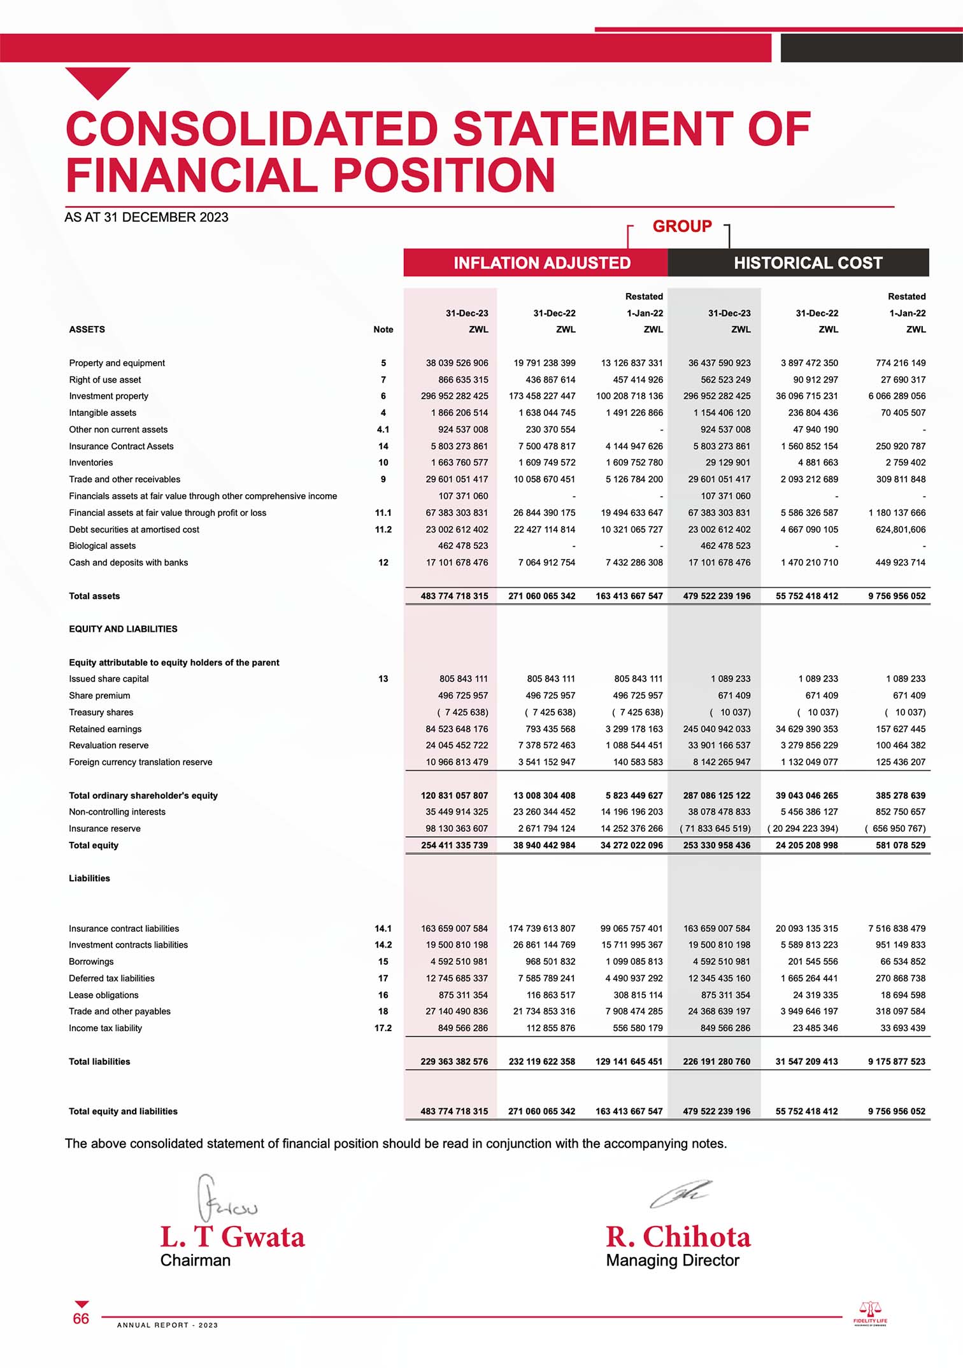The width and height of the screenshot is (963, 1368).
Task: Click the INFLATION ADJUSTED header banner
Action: [541, 262]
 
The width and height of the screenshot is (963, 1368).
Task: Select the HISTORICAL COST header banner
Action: [808, 262]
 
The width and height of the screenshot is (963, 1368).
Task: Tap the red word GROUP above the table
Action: [682, 226]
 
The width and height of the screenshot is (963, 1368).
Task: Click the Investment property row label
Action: [108, 396]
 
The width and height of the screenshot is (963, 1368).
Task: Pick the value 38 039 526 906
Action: [457, 363]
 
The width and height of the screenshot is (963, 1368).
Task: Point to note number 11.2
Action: [383, 529]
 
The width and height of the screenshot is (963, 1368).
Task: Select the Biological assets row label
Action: [102, 546]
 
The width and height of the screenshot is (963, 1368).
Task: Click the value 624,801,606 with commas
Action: [900, 529]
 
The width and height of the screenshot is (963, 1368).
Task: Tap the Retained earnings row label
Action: [105, 729]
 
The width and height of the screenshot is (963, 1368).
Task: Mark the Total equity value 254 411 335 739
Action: [454, 845]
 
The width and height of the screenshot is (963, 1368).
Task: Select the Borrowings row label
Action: [91, 962]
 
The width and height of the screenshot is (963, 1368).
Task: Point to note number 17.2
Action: [383, 1028]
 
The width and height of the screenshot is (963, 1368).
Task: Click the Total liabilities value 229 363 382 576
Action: [454, 1062]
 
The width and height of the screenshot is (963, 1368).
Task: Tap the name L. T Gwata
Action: [232, 1237]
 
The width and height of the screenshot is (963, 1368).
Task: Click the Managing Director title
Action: [673, 1260]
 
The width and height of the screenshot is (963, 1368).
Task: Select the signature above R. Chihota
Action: [680, 1195]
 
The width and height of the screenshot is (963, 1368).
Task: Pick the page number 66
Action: [81, 1319]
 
